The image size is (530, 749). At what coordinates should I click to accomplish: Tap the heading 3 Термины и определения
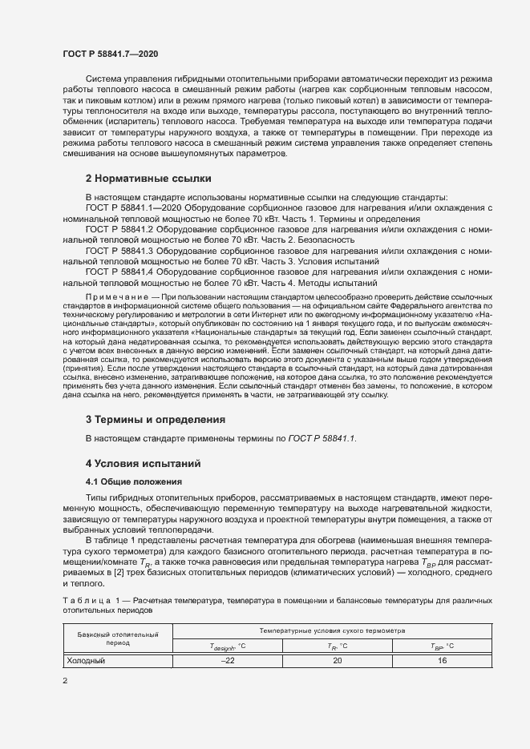click(155, 419)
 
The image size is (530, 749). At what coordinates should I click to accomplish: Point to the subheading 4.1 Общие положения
click(135, 481)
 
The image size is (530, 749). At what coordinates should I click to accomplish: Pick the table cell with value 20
click(338, 661)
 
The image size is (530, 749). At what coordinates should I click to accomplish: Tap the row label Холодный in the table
click(86, 661)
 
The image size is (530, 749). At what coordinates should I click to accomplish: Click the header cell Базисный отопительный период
click(117, 638)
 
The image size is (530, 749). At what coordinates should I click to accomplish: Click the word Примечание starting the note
click(117, 296)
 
